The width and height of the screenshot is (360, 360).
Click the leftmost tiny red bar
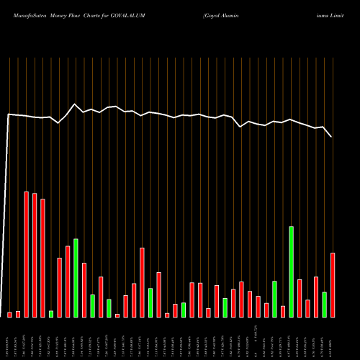point(10,315)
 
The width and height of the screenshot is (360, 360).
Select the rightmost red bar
point(333,285)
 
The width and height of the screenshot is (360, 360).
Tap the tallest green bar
point(292,272)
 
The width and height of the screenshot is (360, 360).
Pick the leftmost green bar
point(51,314)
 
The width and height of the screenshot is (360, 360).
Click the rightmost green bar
point(325,305)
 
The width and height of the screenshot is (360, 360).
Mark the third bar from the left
point(27,254)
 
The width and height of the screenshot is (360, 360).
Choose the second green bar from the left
point(76,278)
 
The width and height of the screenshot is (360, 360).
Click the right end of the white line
point(332,136)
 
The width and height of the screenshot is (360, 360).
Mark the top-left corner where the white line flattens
point(9,114)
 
